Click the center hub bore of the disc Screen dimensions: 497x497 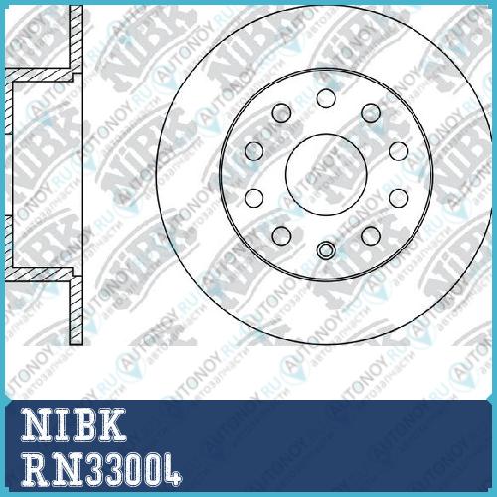click(326, 175)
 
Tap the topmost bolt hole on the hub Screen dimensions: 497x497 click(326, 98)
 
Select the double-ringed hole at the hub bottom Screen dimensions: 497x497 click(326, 250)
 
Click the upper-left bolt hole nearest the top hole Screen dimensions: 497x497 click(281, 113)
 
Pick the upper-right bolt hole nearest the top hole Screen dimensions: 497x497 click(371, 113)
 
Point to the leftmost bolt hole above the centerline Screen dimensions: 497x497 click(254, 151)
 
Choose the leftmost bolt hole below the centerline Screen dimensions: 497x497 click(254, 198)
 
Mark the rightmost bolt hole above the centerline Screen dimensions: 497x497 click(399, 151)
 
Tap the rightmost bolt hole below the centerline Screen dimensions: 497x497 click(399, 198)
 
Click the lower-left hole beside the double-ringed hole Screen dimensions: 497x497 click(281, 236)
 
